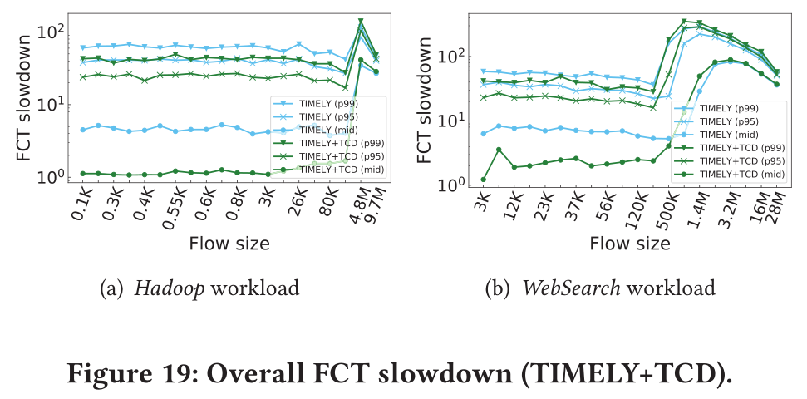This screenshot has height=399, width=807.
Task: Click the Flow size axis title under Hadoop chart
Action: coord(229,244)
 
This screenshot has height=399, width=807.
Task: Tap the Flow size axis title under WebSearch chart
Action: coord(629,244)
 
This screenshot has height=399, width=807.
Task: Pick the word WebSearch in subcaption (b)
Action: coord(562,288)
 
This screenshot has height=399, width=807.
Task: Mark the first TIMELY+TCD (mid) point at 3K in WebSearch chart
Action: coord(484,180)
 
